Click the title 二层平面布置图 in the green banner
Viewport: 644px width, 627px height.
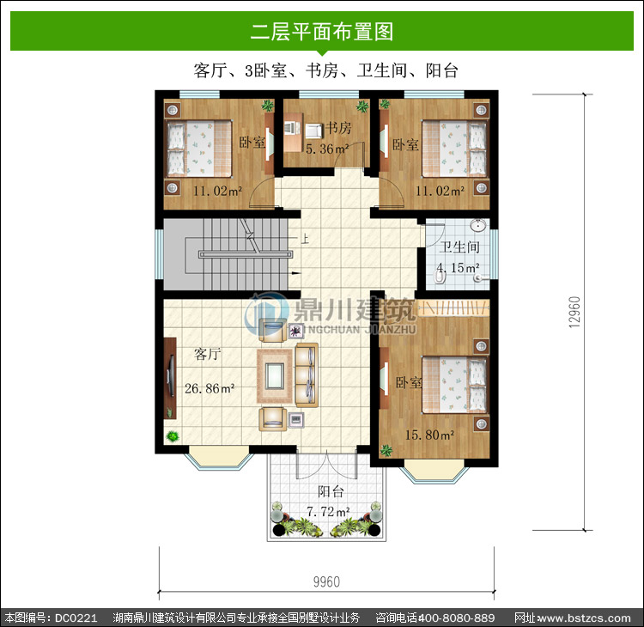[x=322, y=32]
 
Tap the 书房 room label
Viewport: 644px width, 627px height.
[x=339, y=128]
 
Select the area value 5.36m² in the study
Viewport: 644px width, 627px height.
[x=327, y=149]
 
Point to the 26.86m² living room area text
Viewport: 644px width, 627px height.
[x=210, y=388]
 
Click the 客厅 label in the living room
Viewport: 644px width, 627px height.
[x=208, y=354]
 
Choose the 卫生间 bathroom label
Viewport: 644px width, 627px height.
[x=459, y=247]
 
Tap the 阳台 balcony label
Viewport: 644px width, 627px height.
[x=331, y=491]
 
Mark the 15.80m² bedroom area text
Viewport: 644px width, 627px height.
[x=429, y=435]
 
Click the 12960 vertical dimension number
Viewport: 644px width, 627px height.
[x=574, y=312]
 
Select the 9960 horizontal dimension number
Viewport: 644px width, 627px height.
[x=326, y=581]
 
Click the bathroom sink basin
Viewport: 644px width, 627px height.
[x=478, y=225]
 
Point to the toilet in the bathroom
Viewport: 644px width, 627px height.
[x=440, y=277]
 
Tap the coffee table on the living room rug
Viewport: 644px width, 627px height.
[x=274, y=376]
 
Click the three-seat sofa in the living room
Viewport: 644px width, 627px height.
[x=307, y=374]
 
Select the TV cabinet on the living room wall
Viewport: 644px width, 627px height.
[x=170, y=378]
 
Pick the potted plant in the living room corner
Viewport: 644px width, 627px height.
[x=173, y=436]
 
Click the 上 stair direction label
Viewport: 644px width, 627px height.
[x=305, y=238]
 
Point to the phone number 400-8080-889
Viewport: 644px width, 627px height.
[x=456, y=618]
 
